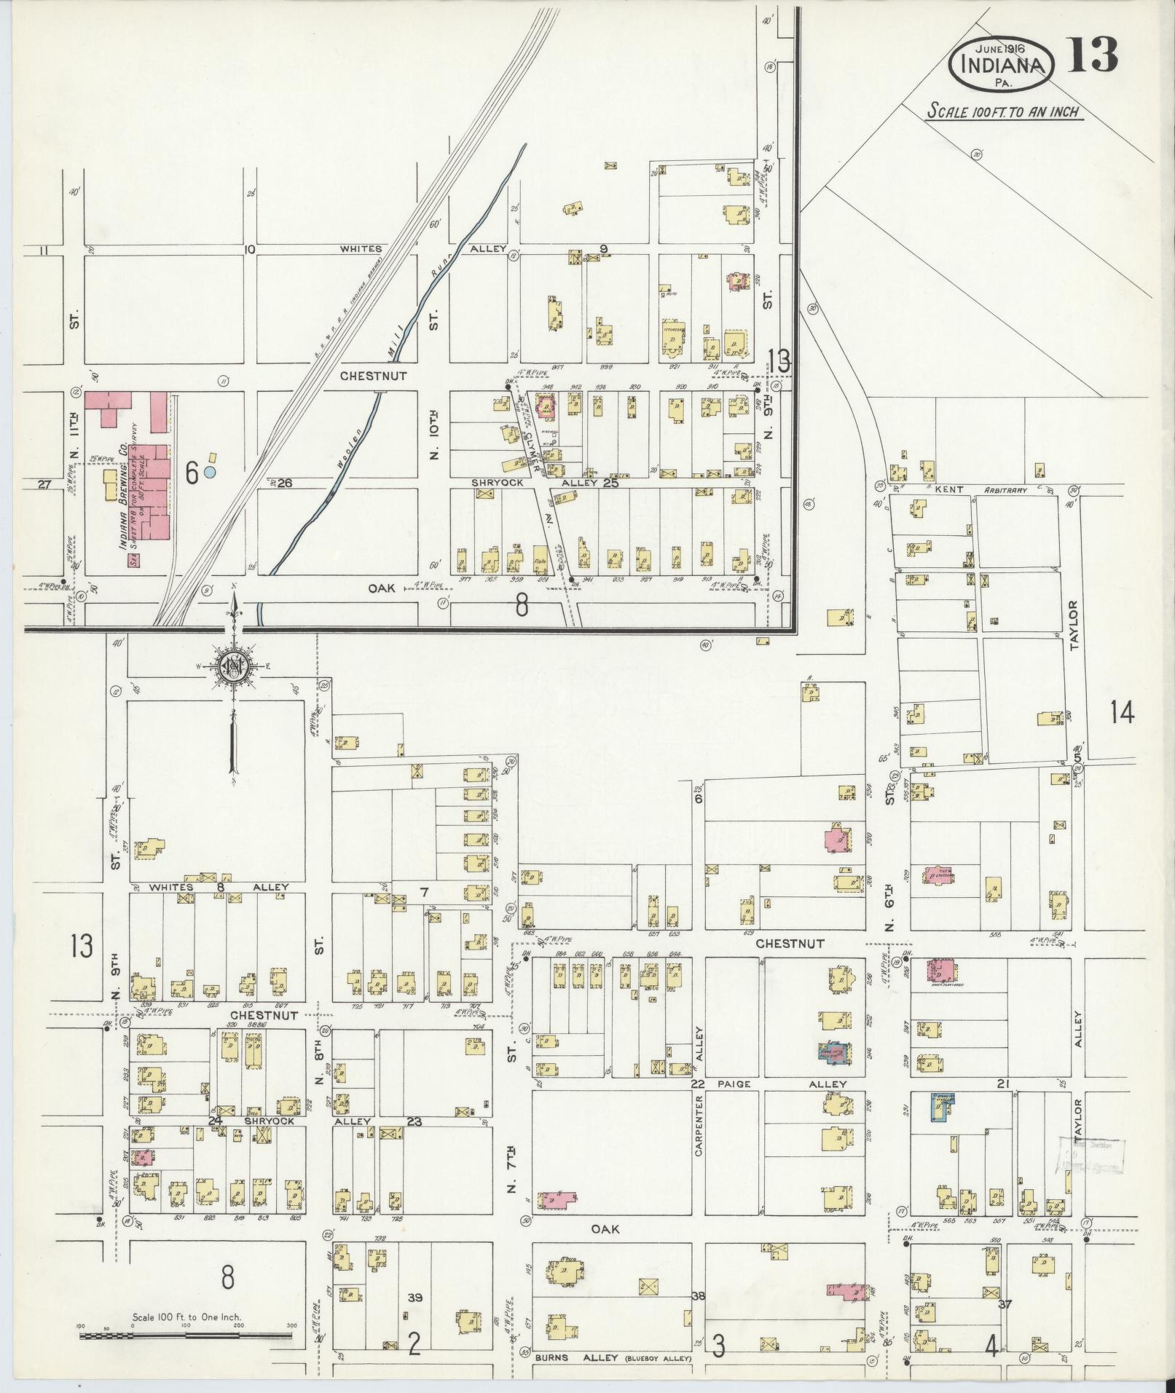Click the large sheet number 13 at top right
point(1093,55)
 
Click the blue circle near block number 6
point(210,472)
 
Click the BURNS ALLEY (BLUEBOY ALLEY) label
point(612,1358)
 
